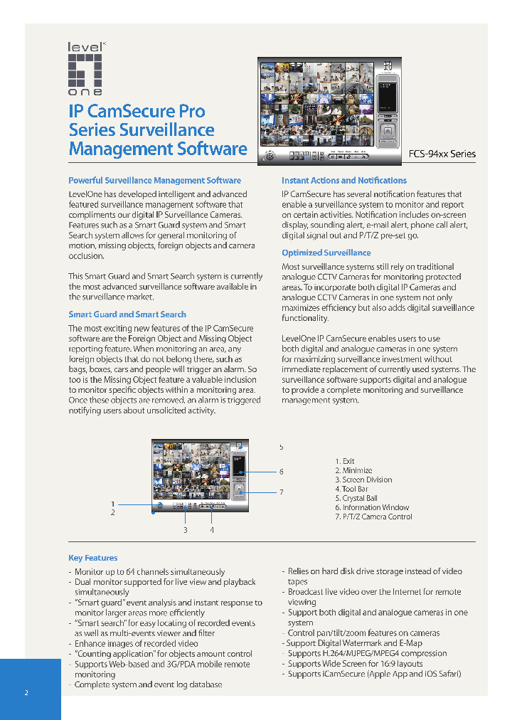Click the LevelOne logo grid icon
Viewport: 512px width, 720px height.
[85, 69]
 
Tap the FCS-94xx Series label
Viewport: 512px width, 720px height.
[442, 154]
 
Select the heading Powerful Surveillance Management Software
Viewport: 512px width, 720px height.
[154, 181]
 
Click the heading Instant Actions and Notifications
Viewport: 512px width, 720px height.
[344, 181]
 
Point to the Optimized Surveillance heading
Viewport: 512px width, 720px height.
[326, 253]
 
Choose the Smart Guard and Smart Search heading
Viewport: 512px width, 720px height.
[127, 314]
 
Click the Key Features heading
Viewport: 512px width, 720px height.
[93, 558]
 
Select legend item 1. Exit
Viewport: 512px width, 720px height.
[345, 461]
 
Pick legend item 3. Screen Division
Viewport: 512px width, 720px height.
[363, 480]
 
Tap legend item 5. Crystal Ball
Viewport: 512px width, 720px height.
[356, 498]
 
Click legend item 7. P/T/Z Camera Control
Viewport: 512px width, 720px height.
[373, 517]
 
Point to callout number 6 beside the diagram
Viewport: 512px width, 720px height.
[282, 472]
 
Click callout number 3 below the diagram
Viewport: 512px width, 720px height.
[186, 530]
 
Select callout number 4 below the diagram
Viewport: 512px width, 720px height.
[211, 530]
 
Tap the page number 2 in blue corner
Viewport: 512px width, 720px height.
[26, 693]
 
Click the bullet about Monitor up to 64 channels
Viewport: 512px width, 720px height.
[149, 571]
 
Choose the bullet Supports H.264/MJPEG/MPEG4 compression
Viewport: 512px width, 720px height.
[367, 653]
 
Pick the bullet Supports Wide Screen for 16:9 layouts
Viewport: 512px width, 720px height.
[355, 664]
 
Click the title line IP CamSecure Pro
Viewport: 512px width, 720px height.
[137, 112]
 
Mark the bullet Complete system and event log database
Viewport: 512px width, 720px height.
[148, 684]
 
